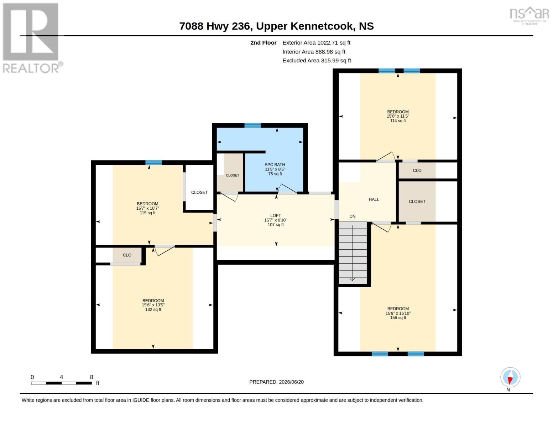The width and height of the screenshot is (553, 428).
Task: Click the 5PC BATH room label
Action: [x=275, y=165]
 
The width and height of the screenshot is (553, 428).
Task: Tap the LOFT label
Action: [x=276, y=215]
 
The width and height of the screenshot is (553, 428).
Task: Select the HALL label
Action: [x=374, y=199]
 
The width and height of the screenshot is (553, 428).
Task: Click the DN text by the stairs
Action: [x=353, y=216]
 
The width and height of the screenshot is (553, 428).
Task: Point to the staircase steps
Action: [x=353, y=253]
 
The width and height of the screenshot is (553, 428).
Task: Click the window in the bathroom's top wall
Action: [x=252, y=125]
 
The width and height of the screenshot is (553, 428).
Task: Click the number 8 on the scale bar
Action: [x=92, y=377]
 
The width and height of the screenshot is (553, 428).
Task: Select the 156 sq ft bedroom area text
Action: [x=398, y=318]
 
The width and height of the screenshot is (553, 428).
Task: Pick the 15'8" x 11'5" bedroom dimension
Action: [x=398, y=116]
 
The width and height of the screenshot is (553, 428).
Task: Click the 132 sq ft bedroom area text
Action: [x=153, y=310]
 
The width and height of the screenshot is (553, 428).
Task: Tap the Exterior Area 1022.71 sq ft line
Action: [x=316, y=42]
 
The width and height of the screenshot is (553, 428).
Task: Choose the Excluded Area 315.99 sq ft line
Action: [x=317, y=60]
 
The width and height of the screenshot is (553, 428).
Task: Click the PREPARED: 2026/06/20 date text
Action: [x=276, y=382]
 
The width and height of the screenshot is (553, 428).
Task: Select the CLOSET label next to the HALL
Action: [x=417, y=202]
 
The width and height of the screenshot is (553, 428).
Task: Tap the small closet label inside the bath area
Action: [x=233, y=175]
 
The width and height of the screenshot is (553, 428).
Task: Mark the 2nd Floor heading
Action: [x=263, y=42]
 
